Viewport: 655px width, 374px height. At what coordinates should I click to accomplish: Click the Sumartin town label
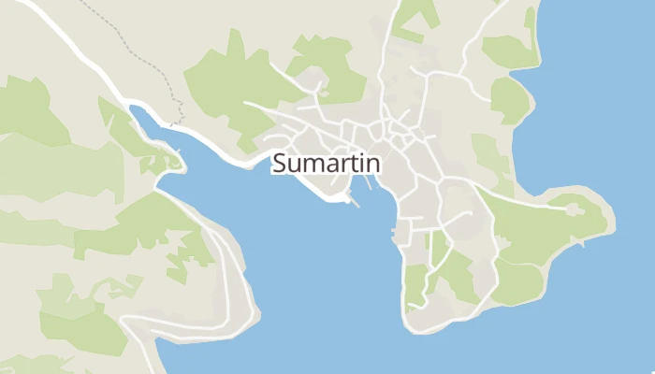tap(326, 164)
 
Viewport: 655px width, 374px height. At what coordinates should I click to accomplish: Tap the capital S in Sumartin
tap(279, 164)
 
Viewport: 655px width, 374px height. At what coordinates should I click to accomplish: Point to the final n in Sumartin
tap(373, 164)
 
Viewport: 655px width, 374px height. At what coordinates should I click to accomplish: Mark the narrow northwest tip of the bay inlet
tap(134, 109)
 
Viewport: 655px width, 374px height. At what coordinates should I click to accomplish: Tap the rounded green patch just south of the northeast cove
tap(509, 98)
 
